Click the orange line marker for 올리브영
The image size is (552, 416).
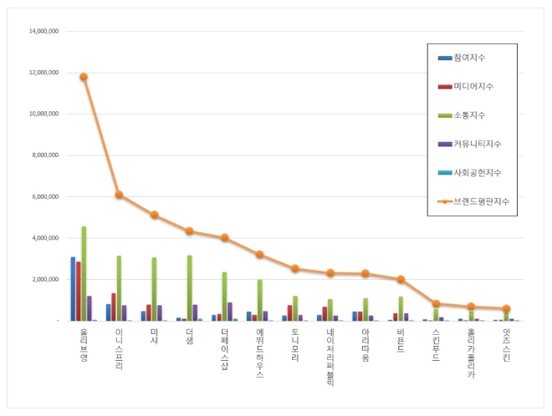[84, 77]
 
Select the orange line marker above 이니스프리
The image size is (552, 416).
[119, 195]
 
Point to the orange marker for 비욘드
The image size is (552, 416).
[401, 279]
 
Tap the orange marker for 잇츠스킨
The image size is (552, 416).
[506, 308]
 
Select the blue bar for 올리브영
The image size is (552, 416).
[73, 288]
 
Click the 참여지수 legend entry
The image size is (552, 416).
[469, 57]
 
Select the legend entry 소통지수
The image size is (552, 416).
[469, 114]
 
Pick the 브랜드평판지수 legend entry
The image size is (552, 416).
[476, 201]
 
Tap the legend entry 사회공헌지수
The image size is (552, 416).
[475, 172]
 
